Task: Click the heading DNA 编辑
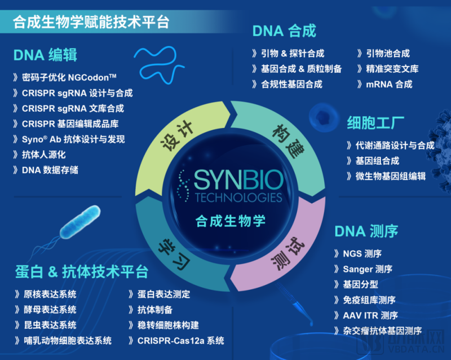tap(46, 55)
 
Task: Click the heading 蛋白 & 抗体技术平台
tap(82, 271)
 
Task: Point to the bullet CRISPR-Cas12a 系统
tap(180, 340)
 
